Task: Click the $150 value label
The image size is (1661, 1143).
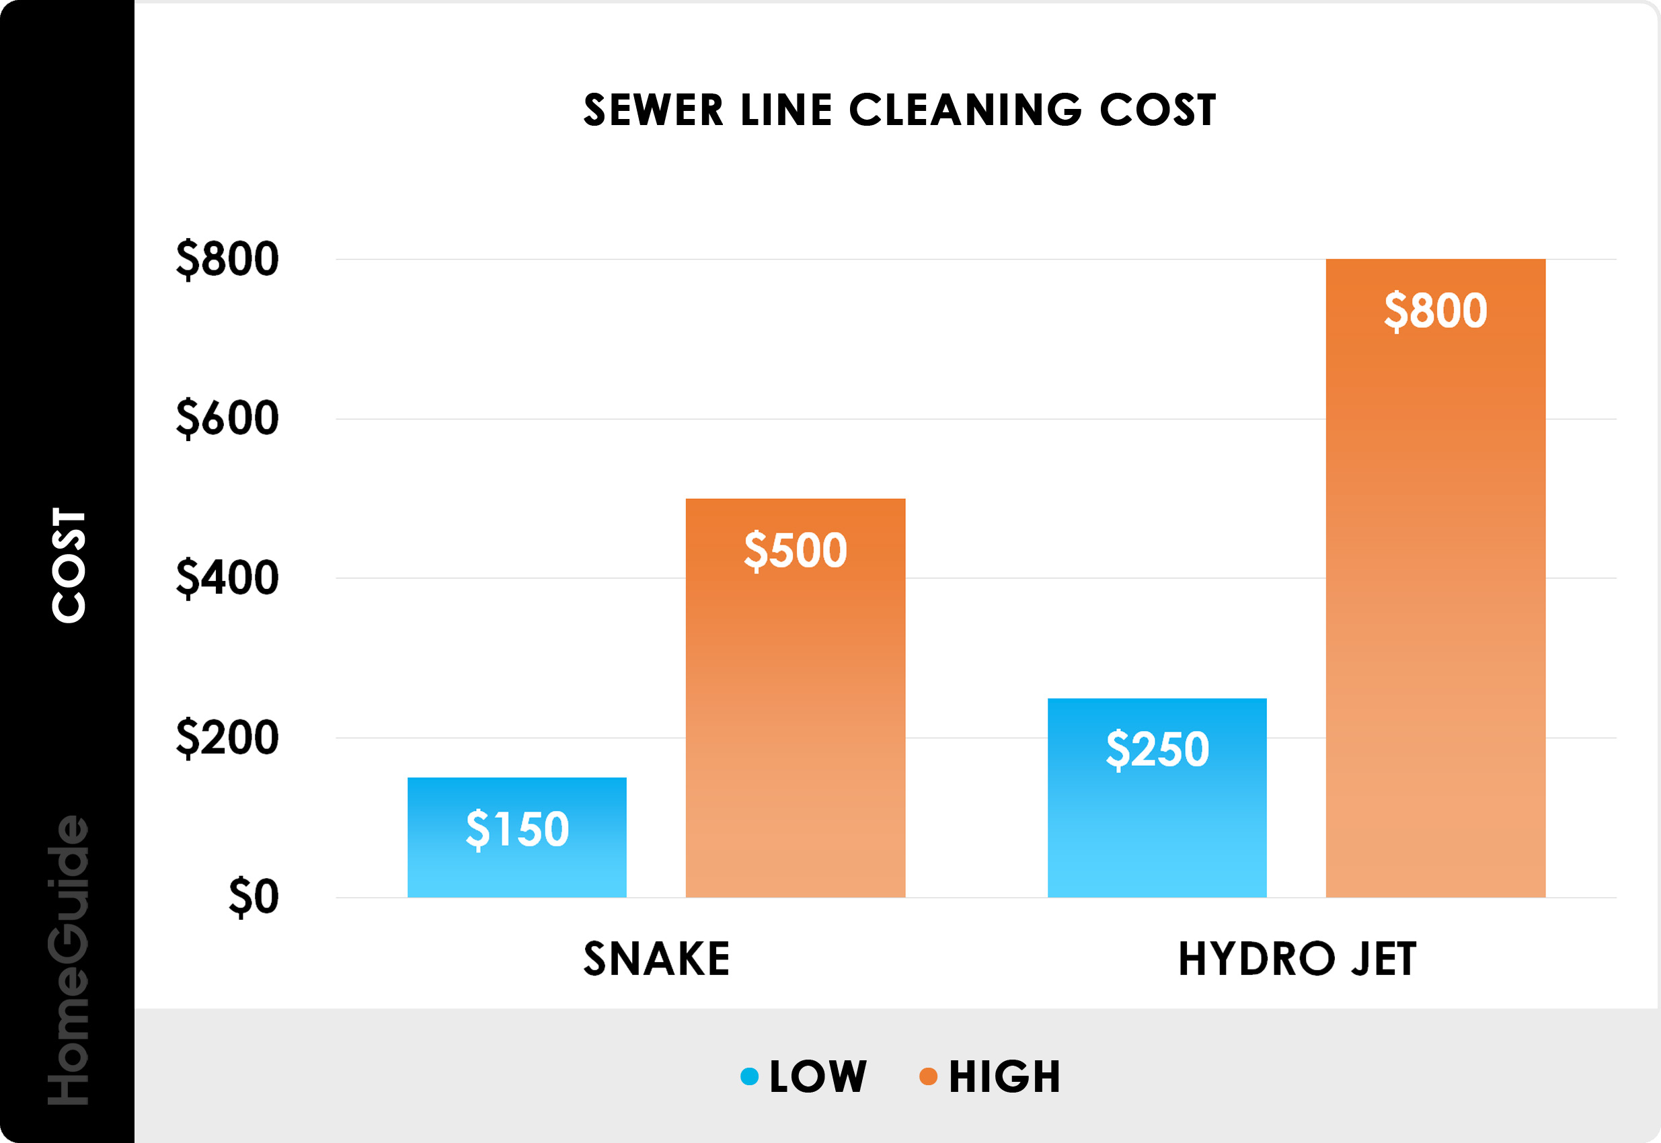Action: (517, 828)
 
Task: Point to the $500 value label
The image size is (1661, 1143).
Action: (795, 550)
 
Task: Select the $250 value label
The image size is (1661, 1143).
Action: (1157, 749)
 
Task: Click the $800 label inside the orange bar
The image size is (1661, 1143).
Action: (1435, 310)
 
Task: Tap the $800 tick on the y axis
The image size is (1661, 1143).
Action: (227, 259)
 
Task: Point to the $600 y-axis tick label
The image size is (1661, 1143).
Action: (227, 418)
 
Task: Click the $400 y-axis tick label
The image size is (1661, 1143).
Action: (227, 578)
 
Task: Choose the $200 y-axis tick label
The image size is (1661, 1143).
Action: (227, 738)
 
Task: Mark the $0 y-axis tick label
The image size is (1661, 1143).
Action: (253, 897)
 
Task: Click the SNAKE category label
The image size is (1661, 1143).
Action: (656, 959)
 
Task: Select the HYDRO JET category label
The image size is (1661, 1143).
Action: (1297, 959)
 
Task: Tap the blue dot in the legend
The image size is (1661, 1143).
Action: (749, 1076)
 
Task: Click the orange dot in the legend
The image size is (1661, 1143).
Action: (928, 1076)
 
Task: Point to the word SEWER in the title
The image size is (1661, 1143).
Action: (653, 110)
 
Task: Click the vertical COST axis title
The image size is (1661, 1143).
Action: (69, 565)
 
